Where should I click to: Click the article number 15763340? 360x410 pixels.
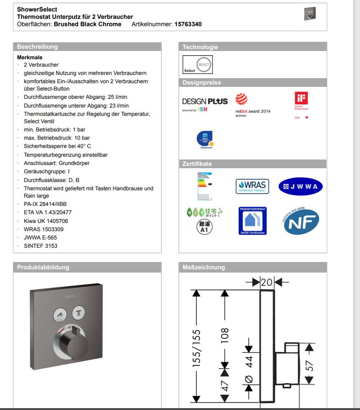188,24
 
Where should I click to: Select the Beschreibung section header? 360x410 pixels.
38,47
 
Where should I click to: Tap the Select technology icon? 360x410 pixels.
198,65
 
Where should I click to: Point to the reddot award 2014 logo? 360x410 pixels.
252,106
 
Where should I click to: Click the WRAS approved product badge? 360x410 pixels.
252,186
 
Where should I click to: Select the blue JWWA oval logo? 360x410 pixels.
301,186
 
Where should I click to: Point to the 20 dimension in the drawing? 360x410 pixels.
267,282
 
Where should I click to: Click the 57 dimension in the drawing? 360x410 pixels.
310,365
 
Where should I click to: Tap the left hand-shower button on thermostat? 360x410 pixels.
60,315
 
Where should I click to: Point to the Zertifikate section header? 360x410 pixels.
197,164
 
